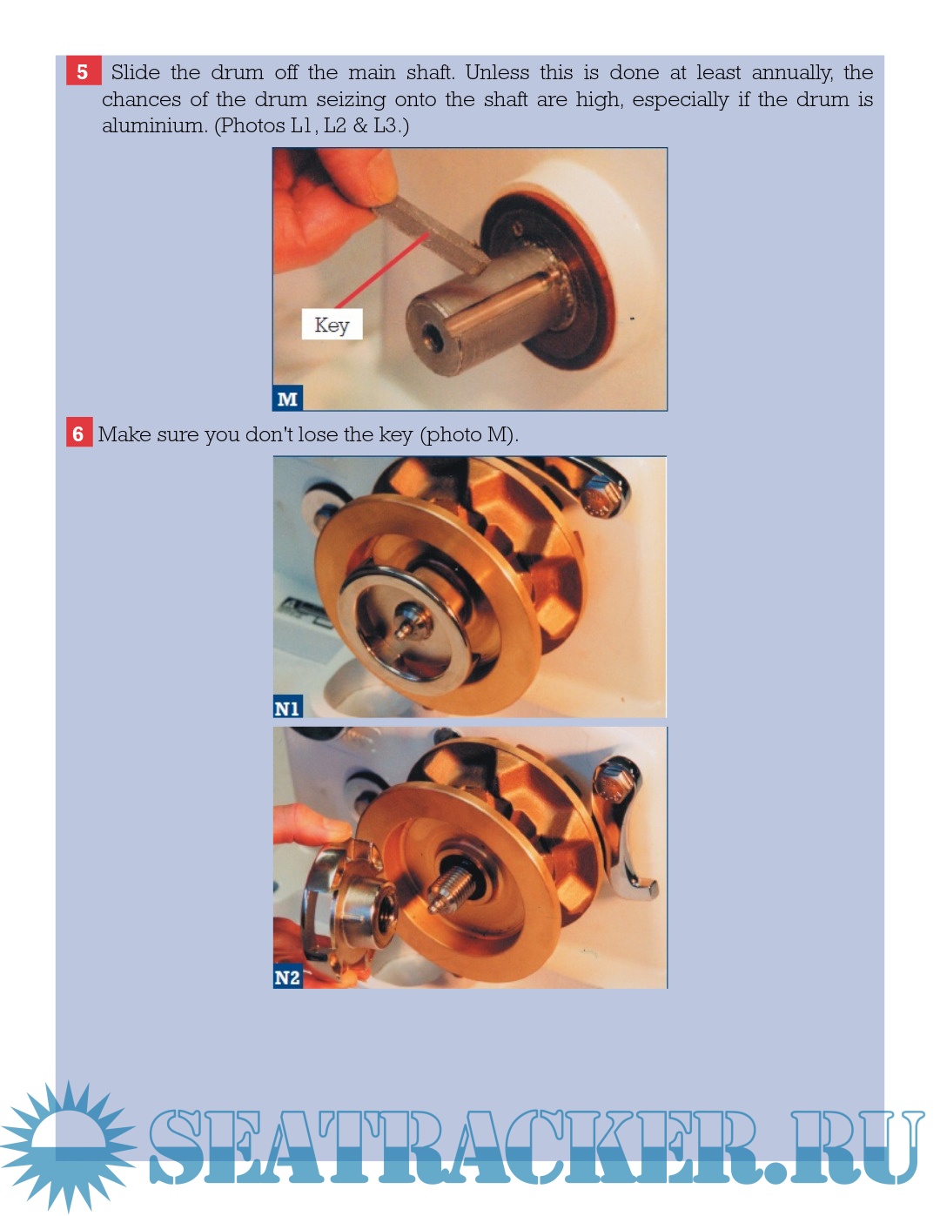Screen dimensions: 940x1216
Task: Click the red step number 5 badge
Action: tap(84, 71)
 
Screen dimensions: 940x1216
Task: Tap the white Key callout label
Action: tap(332, 324)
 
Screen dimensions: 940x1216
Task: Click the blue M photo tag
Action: tap(287, 398)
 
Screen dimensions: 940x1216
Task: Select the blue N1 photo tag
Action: tap(287, 706)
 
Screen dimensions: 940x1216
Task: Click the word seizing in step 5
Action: tap(351, 100)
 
